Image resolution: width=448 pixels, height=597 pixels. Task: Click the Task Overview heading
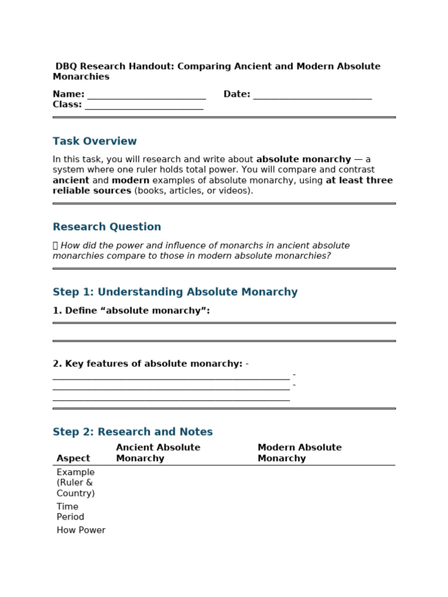coord(94,141)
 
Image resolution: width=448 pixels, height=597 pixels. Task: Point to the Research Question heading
coord(107,227)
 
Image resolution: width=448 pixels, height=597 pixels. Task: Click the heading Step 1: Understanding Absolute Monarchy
coord(175,292)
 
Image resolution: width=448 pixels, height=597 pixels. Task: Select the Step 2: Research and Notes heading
coord(132,432)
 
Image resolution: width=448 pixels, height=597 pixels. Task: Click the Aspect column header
coord(73,458)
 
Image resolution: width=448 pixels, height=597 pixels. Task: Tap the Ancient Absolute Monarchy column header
coord(157,453)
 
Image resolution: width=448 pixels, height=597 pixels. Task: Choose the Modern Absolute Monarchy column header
coord(299,453)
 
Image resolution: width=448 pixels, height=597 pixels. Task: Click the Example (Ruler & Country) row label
coord(75,483)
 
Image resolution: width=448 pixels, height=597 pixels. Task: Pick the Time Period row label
coord(70,512)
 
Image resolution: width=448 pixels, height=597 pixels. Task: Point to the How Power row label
coord(80,531)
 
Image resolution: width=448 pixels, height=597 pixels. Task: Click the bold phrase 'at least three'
coord(359,181)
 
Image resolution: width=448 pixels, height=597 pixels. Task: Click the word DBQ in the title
coord(67,66)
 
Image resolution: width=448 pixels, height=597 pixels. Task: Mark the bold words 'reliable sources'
coord(92,191)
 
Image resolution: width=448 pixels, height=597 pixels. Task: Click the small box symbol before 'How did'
coord(55,246)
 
